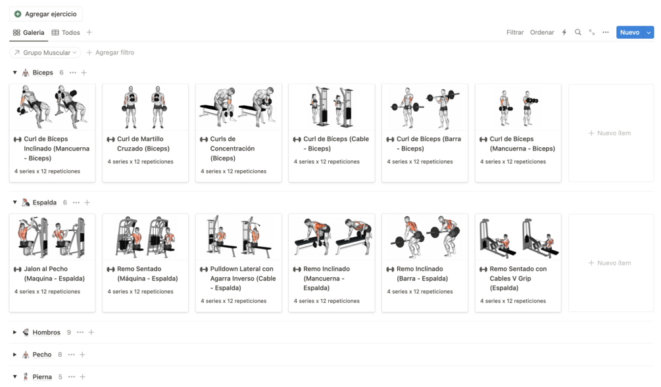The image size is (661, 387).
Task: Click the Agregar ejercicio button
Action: [x=45, y=14]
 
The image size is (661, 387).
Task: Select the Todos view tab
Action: [x=66, y=32]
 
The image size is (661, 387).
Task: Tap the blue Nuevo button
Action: [x=629, y=32]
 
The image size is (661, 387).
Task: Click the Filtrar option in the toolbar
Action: [x=515, y=32]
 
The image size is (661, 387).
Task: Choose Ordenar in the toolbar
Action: [x=542, y=32]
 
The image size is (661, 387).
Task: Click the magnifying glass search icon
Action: [x=578, y=32]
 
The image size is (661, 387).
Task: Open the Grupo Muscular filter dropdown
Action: [x=45, y=53]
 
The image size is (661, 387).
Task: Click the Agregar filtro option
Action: [x=110, y=53]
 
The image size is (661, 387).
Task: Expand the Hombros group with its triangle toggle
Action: [x=14, y=332]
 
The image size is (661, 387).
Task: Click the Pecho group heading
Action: [x=41, y=355]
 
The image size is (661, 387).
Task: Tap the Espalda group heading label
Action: [x=44, y=202]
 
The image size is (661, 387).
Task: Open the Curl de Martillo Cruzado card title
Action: [x=143, y=144]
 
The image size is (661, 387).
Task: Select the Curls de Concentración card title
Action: [x=232, y=148]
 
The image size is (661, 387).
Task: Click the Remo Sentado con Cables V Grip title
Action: [x=518, y=279]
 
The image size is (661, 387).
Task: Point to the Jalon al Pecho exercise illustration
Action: [x=52, y=237]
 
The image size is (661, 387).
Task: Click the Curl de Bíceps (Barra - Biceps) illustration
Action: [x=425, y=107]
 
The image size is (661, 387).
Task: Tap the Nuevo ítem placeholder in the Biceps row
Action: [x=611, y=133]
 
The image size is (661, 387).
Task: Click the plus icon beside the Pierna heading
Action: [x=83, y=377]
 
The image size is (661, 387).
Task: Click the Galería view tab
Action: [x=29, y=32]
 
